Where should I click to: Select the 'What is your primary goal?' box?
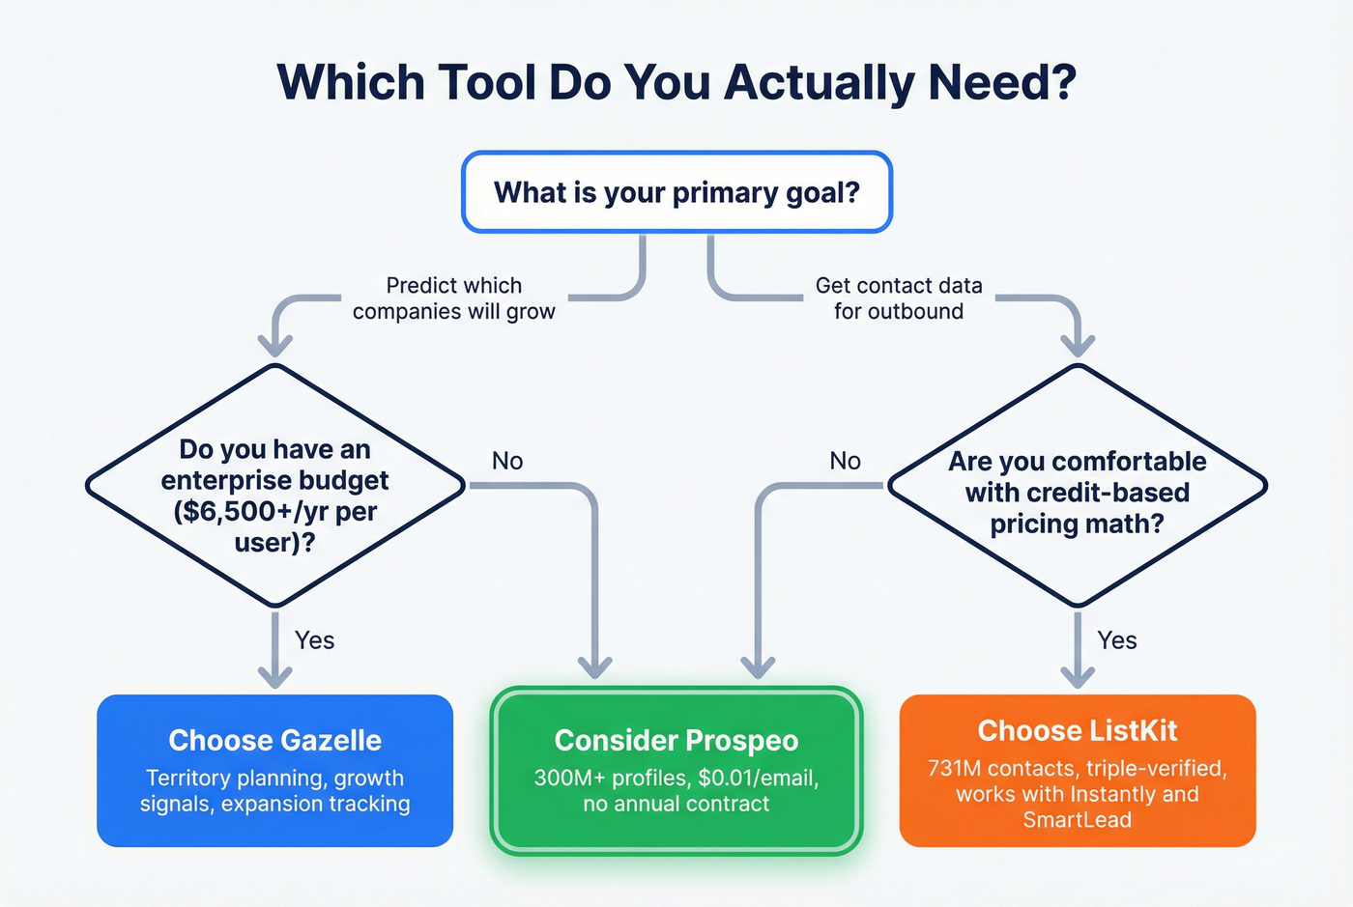tap(676, 192)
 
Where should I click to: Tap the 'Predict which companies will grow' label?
tap(453, 298)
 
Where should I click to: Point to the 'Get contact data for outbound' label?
tap(899, 298)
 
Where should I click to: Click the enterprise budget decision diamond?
tap(275, 486)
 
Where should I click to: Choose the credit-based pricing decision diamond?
tap(1077, 486)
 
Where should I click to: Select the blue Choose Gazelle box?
tap(275, 770)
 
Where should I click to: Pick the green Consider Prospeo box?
tap(676, 770)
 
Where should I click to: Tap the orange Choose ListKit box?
tap(1077, 770)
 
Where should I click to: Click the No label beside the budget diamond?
tap(507, 461)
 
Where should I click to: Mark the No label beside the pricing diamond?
tap(845, 461)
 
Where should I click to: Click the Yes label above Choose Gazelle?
tap(315, 640)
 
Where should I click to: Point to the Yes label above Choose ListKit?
tap(1117, 640)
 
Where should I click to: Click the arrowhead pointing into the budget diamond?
tap(276, 344)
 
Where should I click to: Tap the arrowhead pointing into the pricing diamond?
tap(1078, 344)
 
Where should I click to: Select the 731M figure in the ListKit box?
tap(954, 769)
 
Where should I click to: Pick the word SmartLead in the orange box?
tap(1077, 820)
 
